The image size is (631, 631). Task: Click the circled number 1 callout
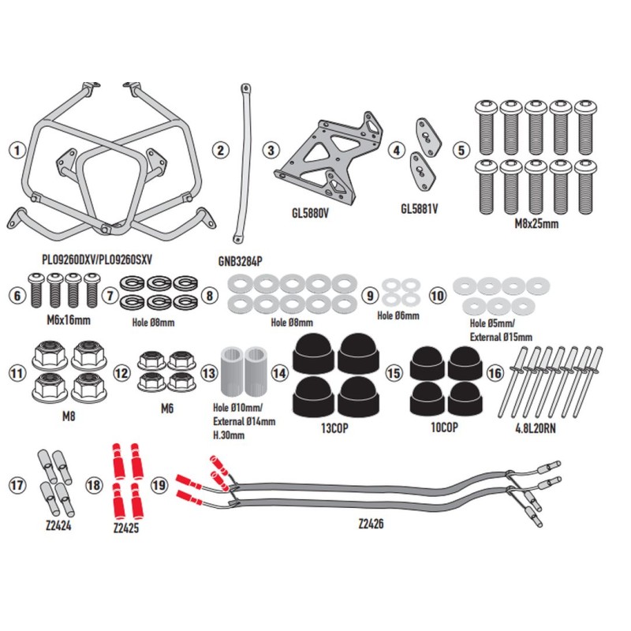17,148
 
